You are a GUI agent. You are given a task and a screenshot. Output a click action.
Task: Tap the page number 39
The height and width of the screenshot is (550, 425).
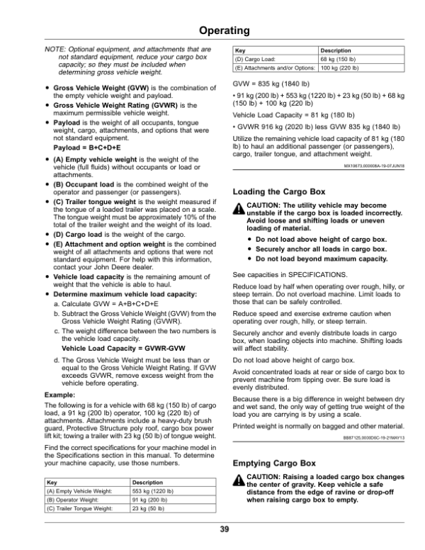click(x=224, y=529)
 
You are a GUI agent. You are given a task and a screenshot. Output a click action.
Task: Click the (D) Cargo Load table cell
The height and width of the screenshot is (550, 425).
click(x=256, y=60)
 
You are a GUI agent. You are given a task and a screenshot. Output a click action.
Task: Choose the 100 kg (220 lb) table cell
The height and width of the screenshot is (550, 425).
click(x=340, y=69)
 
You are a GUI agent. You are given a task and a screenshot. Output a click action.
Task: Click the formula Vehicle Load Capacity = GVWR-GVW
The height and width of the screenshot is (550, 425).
click(x=111, y=349)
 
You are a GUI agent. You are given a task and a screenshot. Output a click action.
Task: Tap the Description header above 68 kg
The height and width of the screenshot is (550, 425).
click(x=336, y=51)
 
